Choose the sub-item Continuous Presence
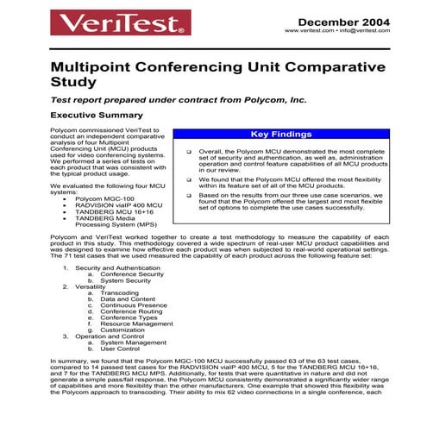click(132, 305)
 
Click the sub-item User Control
click(120, 349)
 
